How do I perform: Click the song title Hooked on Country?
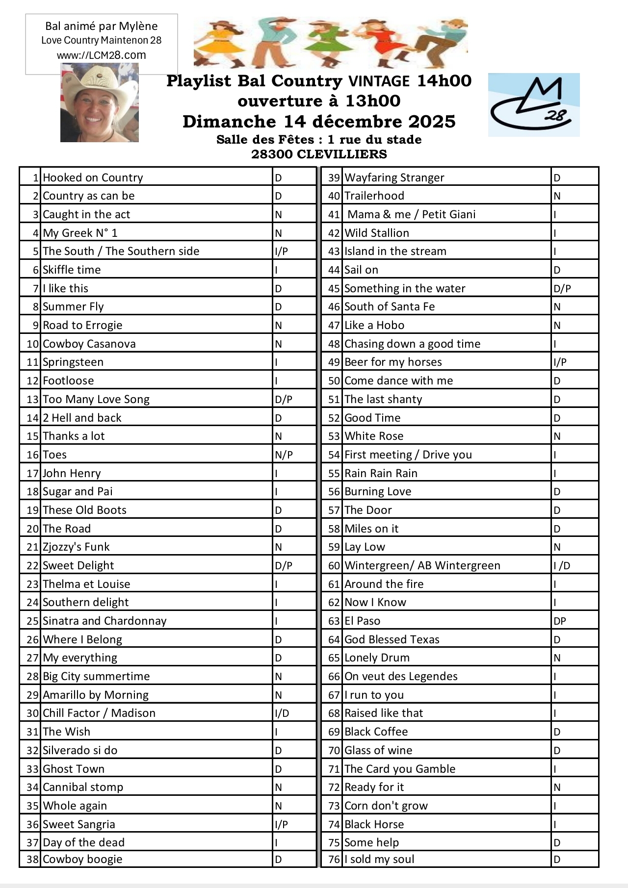tap(93, 178)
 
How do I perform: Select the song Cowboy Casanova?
tap(89, 344)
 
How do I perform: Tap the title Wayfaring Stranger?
tap(394, 178)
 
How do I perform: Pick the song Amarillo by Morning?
tap(95, 695)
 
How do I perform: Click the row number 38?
tap(32, 859)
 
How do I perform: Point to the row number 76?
tap(334, 859)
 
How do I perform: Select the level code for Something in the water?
tap(562, 288)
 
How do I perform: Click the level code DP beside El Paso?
tap(560, 621)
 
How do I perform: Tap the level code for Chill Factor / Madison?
tap(282, 713)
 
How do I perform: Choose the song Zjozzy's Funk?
tap(76, 547)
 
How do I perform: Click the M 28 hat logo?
tap(533, 105)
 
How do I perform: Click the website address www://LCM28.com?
tap(101, 55)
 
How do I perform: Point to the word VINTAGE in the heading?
tap(379, 81)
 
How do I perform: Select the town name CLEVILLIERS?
tap(342, 154)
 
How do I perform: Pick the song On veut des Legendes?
tap(401, 676)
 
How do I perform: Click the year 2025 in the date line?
tap(432, 121)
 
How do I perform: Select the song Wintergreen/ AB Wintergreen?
tap(422, 565)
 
